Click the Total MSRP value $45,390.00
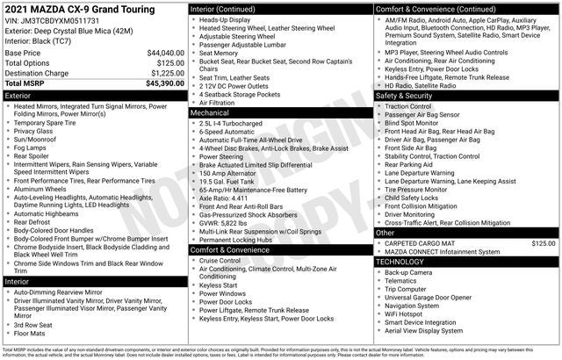tap(165, 83)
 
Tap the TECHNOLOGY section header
tap(406, 261)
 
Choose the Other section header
tap(385, 233)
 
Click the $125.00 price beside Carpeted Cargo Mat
tap(544, 242)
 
